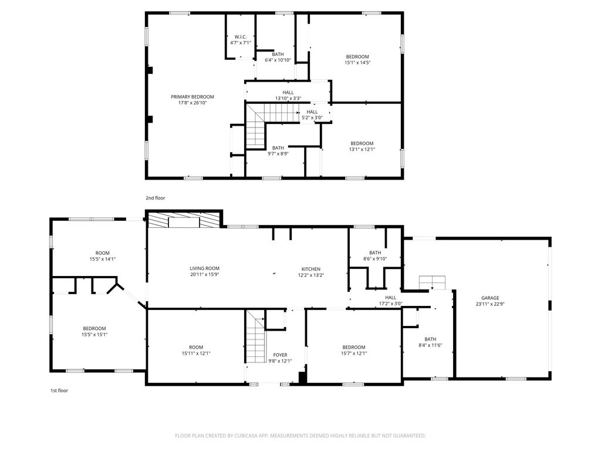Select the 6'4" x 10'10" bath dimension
coord(278,60)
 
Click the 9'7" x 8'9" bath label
coord(278,151)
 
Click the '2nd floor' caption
coord(156,198)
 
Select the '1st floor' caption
coord(59,391)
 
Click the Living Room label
coord(204,271)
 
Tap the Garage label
coord(490,301)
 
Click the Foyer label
coord(280,358)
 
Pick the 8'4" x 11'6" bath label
coord(430,342)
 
